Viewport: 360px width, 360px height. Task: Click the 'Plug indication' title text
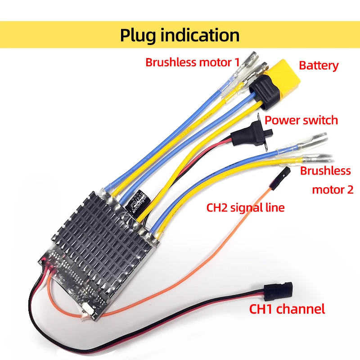(x=180, y=35)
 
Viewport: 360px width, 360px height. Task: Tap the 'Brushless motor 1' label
(x=193, y=62)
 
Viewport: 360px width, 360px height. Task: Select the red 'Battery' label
(x=319, y=66)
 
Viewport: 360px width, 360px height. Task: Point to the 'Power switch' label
(x=301, y=120)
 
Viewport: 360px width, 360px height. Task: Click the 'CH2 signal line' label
(x=245, y=208)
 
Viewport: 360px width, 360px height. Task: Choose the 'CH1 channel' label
(x=287, y=309)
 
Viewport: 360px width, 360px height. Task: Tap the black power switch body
(x=250, y=134)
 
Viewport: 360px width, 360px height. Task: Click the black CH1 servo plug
(x=278, y=291)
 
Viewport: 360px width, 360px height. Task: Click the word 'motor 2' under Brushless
(x=333, y=189)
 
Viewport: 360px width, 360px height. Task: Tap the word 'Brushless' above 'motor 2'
(x=325, y=171)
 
